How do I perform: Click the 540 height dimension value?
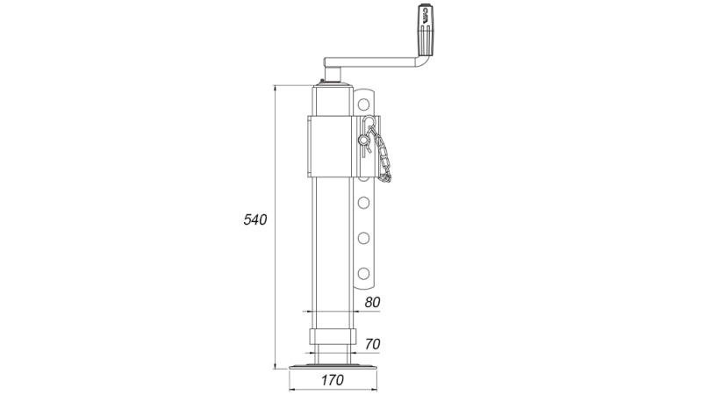point(254,220)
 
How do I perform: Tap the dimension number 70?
point(371,342)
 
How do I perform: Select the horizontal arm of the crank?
point(373,62)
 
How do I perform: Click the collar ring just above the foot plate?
point(333,338)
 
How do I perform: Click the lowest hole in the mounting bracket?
point(362,270)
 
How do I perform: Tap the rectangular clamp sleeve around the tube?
point(333,143)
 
